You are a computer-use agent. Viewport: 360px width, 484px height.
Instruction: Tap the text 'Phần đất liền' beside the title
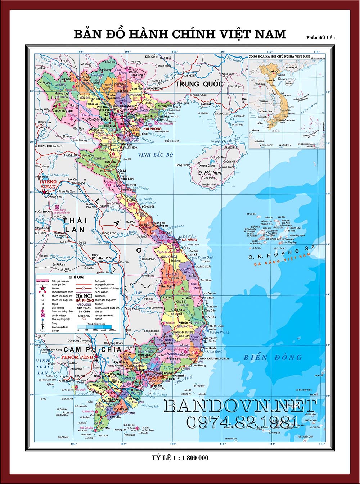(320, 37)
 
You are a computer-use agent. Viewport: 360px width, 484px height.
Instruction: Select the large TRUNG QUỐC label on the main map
(199, 84)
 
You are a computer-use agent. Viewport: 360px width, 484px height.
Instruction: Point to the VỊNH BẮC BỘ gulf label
(156, 155)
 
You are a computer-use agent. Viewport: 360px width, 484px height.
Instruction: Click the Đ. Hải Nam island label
(210, 173)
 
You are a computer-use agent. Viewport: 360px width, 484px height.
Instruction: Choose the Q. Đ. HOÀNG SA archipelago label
(282, 252)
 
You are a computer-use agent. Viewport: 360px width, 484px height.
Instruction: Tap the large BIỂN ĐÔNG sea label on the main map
(273, 357)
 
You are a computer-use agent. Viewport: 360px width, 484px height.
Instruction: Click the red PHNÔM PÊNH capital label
(77, 357)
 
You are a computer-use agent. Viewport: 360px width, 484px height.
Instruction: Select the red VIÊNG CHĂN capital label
(49, 184)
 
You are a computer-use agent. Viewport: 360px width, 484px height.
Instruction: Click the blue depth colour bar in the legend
(97, 327)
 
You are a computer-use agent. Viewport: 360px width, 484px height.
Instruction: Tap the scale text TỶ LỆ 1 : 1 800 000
(180, 458)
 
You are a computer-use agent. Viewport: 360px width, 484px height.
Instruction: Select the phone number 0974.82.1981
(242, 422)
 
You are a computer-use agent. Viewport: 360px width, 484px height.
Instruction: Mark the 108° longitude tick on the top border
(175, 51)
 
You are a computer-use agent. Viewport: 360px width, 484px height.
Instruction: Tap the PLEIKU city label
(168, 298)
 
